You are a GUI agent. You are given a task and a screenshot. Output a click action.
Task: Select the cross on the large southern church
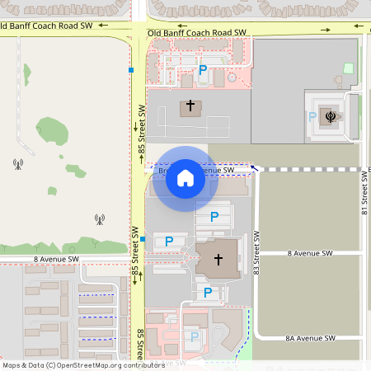pyautogui.click(x=218, y=260)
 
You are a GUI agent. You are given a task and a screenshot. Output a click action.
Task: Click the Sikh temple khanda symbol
pyautogui.click(x=331, y=116)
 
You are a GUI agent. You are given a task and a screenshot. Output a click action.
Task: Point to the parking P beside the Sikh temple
pyautogui.click(x=312, y=117)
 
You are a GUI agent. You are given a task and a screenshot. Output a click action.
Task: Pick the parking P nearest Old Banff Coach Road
pyautogui.click(x=203, y=71)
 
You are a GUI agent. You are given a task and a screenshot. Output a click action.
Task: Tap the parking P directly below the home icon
pyautogui.click(x=214, y=217)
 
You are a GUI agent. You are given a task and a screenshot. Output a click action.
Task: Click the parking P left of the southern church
pyautogui.click(x=169, y=242)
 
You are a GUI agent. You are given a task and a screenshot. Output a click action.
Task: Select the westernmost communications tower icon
pyautogui.click(x=17, y=162)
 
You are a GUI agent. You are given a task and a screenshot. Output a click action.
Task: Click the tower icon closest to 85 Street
pyautogui.click(x=99, y=220)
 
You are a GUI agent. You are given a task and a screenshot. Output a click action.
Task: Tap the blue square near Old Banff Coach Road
pyautogui.click(x=131, y=70)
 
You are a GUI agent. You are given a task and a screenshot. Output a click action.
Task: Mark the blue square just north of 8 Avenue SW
pyautogui.click(x=143, y=240)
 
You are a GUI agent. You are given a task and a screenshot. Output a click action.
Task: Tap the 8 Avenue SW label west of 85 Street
pyautogui.click(x=56, y=259)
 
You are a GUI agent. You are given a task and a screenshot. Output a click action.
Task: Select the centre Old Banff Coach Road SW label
pyautogui.click(x=197, y=33)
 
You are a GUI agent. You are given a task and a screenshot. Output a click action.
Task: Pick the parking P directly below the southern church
pyautogui.click(x=208, y=292)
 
